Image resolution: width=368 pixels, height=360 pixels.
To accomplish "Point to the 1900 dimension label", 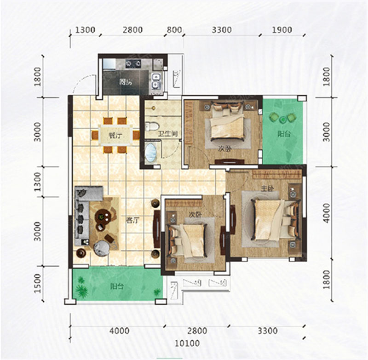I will click(282, 30).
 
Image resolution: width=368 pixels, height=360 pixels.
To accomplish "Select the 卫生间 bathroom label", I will click(169, 134).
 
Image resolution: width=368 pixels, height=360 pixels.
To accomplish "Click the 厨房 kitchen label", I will click(126, 83).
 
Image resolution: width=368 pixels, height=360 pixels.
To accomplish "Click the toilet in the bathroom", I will click(152, 126).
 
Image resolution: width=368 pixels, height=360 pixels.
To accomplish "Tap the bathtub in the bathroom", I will click(151, 153).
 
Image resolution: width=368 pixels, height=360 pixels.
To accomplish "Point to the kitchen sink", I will click(156, 80).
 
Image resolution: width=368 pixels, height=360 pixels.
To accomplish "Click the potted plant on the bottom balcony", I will click(82, 291).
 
